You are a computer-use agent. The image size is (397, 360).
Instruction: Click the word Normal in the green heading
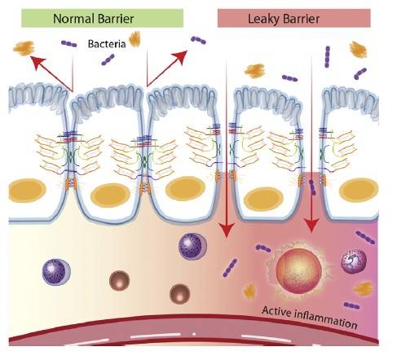click(73, 19)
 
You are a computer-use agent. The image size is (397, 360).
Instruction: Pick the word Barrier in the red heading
click(301, 19)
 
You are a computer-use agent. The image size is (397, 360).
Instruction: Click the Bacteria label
click(107, 44)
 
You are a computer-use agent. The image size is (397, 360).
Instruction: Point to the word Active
click(276, 311)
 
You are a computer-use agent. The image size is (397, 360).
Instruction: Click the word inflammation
click(326, 318)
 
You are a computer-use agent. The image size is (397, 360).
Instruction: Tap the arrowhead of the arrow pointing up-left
click(37, 62)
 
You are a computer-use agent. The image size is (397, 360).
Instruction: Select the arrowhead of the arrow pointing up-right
click(180, 56)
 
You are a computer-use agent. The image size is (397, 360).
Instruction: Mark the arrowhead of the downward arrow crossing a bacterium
click(311, 225)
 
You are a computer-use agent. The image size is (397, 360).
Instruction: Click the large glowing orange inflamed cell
click(298, 270)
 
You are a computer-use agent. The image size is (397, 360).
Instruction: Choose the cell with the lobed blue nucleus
click(353, 261)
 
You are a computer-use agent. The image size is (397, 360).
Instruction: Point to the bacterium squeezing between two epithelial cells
click(312, 187)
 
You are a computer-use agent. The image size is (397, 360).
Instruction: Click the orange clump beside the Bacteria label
click(135, 39)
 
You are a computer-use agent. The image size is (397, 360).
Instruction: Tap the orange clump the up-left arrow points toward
click(24, 48)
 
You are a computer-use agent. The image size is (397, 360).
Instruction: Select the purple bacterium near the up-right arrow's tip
click(198, 40)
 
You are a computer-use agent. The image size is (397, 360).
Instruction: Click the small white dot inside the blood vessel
click(194, 334)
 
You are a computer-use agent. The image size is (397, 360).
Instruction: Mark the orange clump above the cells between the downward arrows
click(254, 71)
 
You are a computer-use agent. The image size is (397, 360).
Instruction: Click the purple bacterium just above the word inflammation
click(351, 305)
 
